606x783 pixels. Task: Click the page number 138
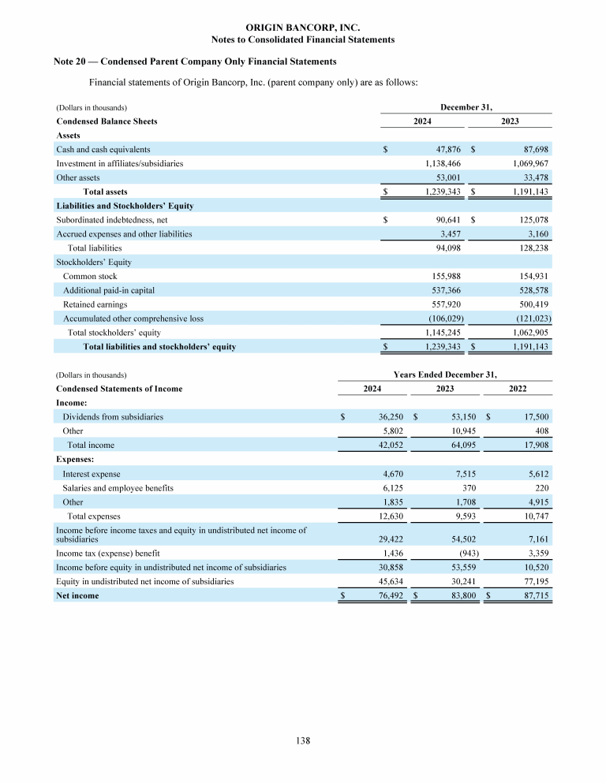coord(302,740)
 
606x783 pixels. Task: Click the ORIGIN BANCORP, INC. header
coord(303,28)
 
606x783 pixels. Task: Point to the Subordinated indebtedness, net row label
coord(111,220)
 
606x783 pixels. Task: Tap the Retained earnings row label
coord(95,304)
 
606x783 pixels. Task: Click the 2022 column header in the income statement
coord(518,389)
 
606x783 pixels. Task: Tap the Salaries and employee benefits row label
coord(118,488)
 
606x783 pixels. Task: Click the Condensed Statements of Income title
coord(119,389)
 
